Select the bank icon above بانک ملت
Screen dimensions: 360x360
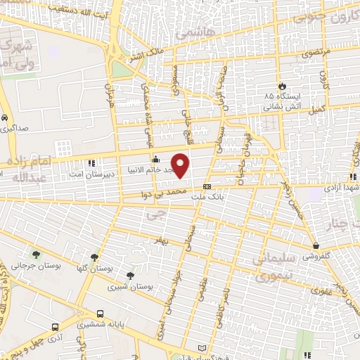point(207,186)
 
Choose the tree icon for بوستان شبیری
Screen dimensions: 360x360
point(129,275)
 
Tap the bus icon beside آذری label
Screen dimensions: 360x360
point(56,328)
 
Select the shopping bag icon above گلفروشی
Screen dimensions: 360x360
point(318,245)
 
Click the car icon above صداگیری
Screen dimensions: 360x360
point(6,117)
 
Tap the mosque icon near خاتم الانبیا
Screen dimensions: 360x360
point(155,158)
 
